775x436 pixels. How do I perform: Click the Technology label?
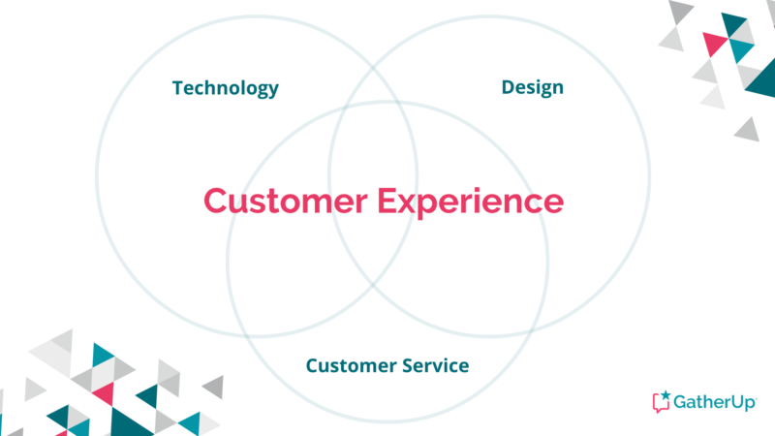226,88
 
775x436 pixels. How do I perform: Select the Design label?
532,87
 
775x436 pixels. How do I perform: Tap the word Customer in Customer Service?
351,366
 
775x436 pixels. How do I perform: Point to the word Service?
435,366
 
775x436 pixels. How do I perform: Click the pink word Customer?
286,202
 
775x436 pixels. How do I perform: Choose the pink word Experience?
471,202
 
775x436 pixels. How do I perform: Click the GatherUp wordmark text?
715,402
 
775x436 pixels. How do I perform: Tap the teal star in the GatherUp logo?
666,395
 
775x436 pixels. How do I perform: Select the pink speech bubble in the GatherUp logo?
660,403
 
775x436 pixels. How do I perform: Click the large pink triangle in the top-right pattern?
714,43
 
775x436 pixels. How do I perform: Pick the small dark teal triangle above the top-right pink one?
734,23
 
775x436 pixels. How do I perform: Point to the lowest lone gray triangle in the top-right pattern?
747,131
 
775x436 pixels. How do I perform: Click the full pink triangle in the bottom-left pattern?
105,393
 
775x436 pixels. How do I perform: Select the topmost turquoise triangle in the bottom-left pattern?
101,355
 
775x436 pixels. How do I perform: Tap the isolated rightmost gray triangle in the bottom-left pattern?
215,387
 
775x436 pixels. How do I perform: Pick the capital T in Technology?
178,87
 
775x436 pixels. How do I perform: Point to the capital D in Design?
509,87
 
